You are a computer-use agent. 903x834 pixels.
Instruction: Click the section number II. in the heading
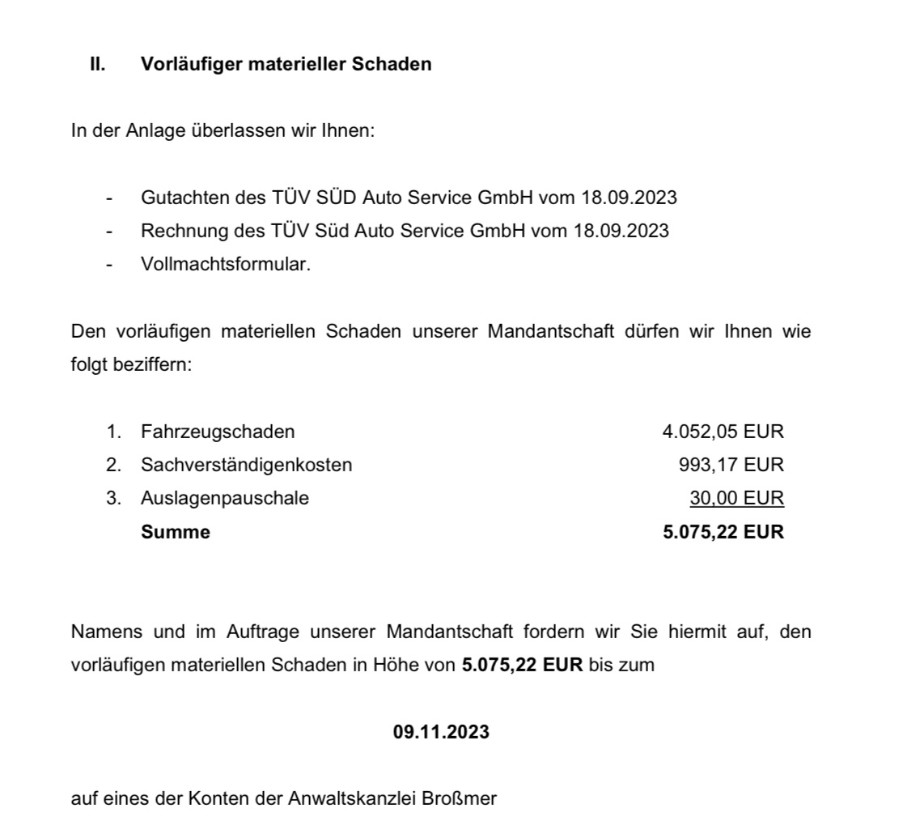click(x=96, y=64)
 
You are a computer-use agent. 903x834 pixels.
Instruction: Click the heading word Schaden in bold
click(x=391, y=64)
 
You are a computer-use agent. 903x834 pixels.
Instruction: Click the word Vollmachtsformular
click(x=225, y=264)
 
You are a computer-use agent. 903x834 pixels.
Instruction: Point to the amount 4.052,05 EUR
click(x=723, y=432)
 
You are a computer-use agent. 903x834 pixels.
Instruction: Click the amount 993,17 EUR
click(x=731, y=465)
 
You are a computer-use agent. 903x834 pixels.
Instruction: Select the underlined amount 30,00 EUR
click(x=736, y=498)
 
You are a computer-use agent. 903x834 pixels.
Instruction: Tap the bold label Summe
click(x=175, y=532)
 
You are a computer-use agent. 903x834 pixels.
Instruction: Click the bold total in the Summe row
click(x=723, y=532)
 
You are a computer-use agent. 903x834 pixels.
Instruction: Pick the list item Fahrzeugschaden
click(x=217, y=432)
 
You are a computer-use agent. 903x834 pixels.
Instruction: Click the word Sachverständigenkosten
click(x=246, y=465)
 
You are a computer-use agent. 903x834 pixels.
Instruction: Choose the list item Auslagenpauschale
click(x=224, y=498)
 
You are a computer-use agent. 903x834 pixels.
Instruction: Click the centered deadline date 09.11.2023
click(x=441, y=731)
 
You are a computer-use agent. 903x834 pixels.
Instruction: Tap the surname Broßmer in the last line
click(x=460, y=798)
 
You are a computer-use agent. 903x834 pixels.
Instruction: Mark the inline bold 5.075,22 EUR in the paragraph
click(x=522, y=665)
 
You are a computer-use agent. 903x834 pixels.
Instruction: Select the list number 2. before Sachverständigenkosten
click(x=113, y=465)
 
